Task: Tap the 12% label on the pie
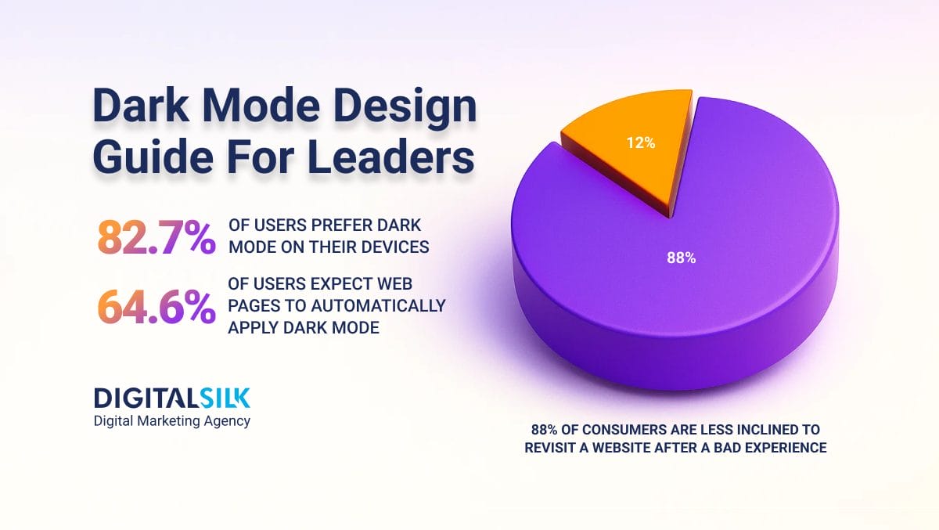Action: tap(641, 143)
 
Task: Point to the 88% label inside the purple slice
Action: tap(682, 258)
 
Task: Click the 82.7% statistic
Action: tap(156, 237)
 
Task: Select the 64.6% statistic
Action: tap(156, 308)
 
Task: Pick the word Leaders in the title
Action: tap(392, 157)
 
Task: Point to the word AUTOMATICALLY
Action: tap(378, 305)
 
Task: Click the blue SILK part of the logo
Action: tap(225, 398)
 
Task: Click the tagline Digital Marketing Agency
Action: tap(172, 421)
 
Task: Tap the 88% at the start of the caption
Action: tap(544, 430)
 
